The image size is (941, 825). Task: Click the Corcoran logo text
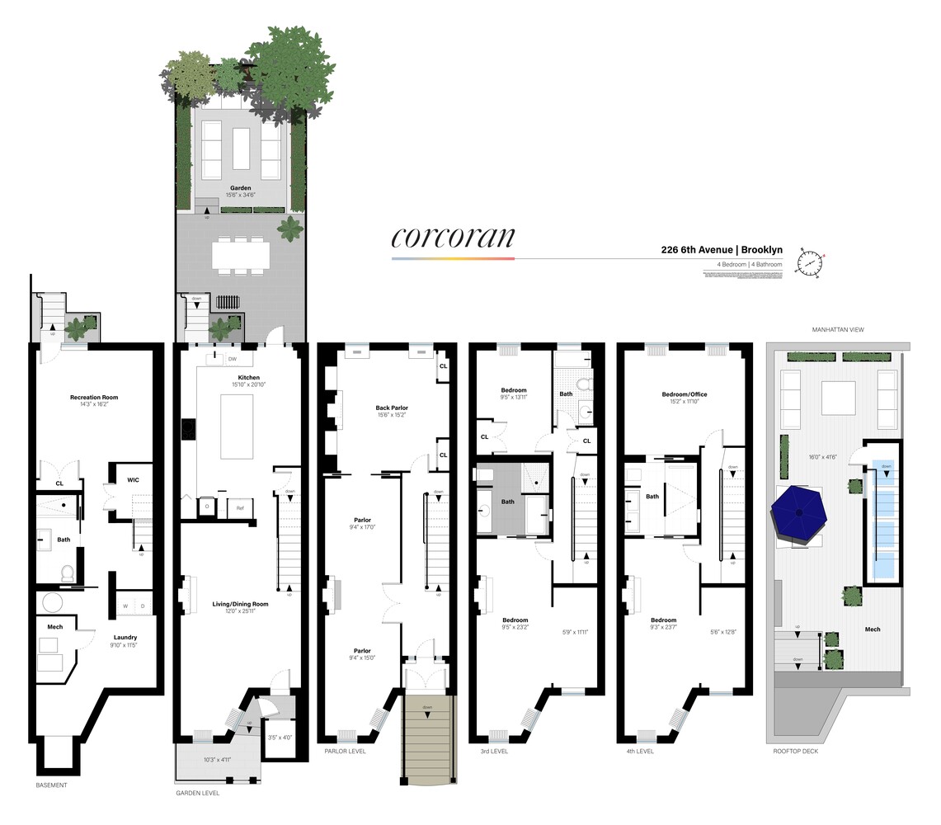[x=453, y=237]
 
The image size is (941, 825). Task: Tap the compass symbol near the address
[x=810, y=262]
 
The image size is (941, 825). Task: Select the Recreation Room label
[x=93, y=398]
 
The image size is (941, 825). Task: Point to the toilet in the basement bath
[x=68, y=572]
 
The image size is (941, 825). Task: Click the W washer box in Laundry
[x=125, y=606]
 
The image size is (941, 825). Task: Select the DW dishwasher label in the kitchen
[x=233, y=359]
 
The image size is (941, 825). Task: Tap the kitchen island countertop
[x=237, y=426]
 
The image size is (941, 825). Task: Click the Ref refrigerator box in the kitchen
[x=240, y=507]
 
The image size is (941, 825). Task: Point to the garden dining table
[x=240, y=254]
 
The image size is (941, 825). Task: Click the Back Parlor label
[x=391, y=408]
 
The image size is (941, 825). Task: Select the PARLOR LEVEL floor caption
[x=345, y=752]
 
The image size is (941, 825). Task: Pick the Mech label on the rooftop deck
[x=872, y=629]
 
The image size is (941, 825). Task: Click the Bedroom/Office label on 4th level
[x=684, y=394]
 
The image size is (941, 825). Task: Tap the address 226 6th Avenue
[x=696, y=250]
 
